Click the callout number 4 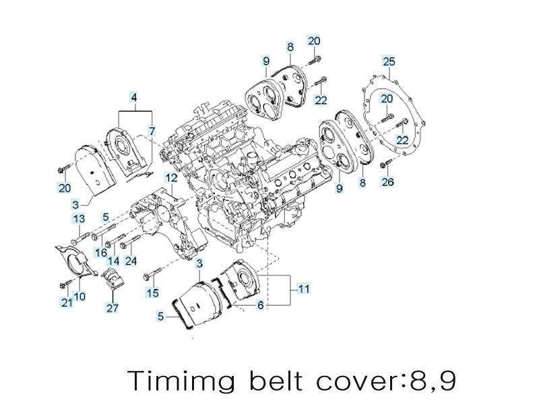point(134,98)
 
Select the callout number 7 point(152,130)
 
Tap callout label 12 point(171,178)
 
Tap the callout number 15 point(154,292)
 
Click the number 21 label point(66,303)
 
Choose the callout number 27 point(111,308)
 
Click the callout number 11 point(304,289)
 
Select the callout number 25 point(388,61)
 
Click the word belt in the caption point(276,381)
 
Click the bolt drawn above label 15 point(152,276)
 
